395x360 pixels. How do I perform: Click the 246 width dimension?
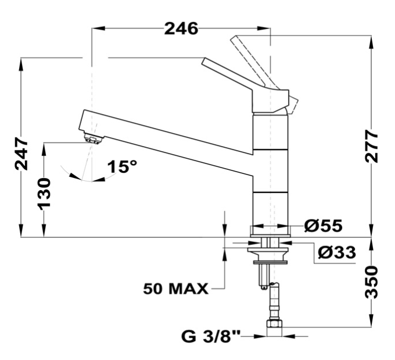pos(181,27)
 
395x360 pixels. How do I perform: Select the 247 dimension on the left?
pos(21,154)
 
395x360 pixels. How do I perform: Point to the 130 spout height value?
pos(45,193)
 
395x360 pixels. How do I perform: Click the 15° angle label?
pos(122,167)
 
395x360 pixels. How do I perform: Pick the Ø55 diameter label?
pos(323,225)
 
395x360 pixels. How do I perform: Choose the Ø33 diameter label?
pos(336,252)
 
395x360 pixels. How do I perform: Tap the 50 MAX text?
pos(175,288)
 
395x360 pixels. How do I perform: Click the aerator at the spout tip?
pos(92,138)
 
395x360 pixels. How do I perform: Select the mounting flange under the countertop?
pos(268,252)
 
